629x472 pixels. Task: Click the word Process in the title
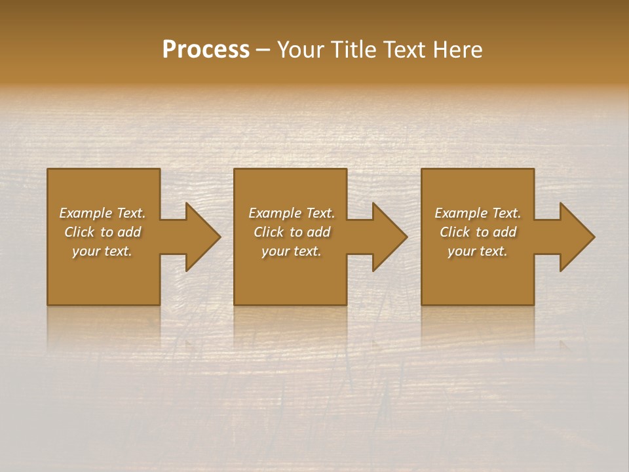pos(206,50)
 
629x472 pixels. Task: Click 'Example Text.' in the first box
pos(102,213)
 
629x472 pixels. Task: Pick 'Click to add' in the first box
pos(102,232)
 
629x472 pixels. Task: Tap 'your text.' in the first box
pos(102,251)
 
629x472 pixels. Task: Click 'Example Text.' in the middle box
pos(292,213)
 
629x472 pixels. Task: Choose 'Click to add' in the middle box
pos(292,232)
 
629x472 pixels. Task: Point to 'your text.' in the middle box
pos(292,251)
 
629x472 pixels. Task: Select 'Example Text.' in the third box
pos(478,213)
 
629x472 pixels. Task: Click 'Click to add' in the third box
pos(478,232)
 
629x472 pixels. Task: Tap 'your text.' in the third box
pos(478,251)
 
